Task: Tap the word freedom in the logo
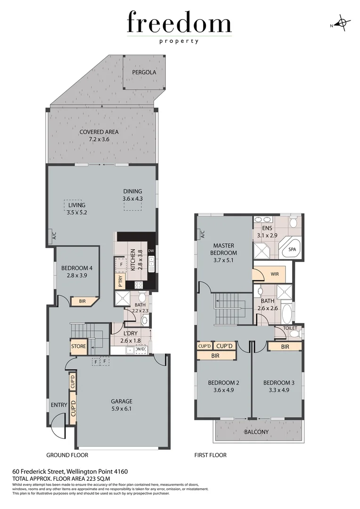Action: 179,23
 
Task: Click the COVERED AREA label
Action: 99,132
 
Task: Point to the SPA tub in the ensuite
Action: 292,249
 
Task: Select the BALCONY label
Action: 256,432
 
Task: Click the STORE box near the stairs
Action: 79,346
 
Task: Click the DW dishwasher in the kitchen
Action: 151,251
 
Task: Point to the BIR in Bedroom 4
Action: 82,301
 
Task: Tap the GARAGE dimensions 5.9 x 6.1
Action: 121,409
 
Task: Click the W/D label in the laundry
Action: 141,349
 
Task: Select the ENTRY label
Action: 59,404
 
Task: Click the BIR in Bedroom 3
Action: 285,346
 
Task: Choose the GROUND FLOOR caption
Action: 67,455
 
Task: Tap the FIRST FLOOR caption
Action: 211,455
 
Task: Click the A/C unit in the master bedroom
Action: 202,234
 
